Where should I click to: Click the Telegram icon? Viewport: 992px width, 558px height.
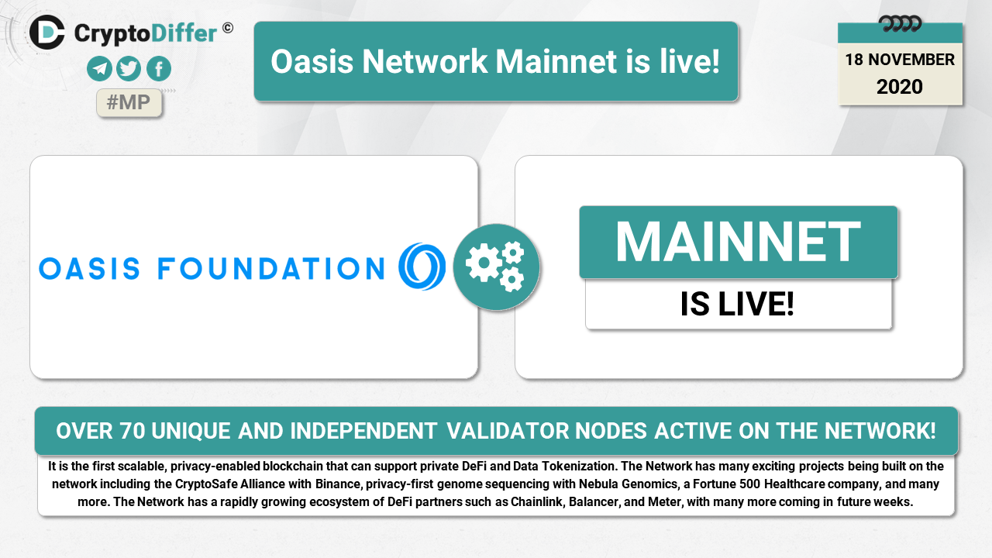click(x=99, y=69)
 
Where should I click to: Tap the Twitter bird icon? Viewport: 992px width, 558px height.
click(x=129, y=69)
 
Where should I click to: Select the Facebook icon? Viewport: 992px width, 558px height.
click(x=159, y=69)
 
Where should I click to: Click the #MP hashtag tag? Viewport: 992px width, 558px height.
click(x=129, y=103)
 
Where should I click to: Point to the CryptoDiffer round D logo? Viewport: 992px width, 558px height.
click(x=47, y=33)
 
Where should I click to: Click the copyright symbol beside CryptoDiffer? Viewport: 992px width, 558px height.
click(x=228, y=29)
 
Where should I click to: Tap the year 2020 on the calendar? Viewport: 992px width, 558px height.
click(x=900, y=87)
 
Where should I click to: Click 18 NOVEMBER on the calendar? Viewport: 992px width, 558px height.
click(x=900, y=60)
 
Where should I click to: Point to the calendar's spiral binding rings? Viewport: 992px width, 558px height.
click(x=900, y=23)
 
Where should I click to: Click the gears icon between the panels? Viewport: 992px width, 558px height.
click(x=496, y=267)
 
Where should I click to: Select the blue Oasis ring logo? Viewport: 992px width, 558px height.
click(x=422, y=266)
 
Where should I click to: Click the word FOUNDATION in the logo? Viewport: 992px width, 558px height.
click(x=271, y=269)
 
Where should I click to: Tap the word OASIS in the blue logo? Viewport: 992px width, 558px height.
click(x=89, y=269)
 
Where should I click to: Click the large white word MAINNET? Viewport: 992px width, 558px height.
click(x=738, y=242)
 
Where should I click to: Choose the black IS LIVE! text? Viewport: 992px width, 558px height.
click(x=737, y=305)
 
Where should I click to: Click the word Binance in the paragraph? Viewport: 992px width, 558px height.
click(x=338, y=484)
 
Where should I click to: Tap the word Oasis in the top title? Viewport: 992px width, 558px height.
click(x=312, y=61)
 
